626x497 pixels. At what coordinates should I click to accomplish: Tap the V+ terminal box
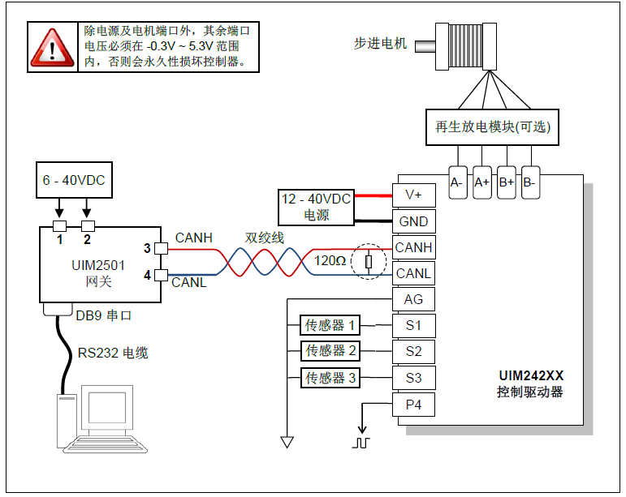tap(413, 195)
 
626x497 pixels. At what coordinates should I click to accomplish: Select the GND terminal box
tap(413, 221)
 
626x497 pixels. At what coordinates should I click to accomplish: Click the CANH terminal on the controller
tap(413, 247)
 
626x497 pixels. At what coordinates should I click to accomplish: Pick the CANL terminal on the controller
tap(413, 273)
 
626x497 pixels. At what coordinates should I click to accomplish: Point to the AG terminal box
tap(413, 299)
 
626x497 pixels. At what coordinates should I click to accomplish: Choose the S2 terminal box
tap(413, 351)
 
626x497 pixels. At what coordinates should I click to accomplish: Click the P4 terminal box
tap(413, 404)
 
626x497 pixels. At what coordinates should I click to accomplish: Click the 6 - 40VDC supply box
tap(73, 181)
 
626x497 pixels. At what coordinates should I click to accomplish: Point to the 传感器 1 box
tap(330, 325)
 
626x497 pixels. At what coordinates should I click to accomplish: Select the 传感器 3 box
tap(330, 378)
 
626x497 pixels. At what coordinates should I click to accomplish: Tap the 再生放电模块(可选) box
tap(493, 127)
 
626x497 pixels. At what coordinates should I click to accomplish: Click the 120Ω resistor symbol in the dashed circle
tap(369, 261)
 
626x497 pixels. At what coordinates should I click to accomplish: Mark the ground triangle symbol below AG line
tap(287, 442)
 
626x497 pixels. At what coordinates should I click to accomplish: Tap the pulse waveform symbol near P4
tap(360, 442)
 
